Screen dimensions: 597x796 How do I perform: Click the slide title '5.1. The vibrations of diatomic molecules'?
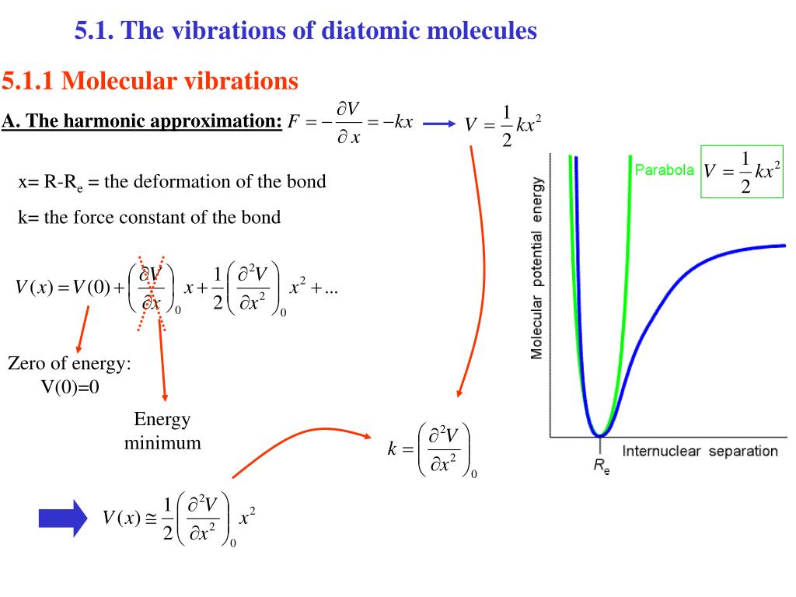coord(305,31)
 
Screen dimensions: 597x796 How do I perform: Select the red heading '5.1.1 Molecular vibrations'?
coord(150,80)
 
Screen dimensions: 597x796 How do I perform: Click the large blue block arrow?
coord(64,518)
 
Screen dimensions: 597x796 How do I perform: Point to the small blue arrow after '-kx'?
coord(439,124)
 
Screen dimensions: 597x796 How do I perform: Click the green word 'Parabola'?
coord(665,169)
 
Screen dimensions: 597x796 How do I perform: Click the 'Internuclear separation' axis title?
coord(699,451)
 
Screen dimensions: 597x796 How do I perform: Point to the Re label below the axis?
coord(601,468)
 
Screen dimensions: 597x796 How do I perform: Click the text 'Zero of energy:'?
coord(69,364)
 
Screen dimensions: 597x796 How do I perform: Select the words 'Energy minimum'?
coord(162,431)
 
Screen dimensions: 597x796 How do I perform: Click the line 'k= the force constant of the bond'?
coord(149,217)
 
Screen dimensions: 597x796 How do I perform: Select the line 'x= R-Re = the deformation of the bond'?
coord(172,182)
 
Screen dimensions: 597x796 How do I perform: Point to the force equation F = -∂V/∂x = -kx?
coord(350,124)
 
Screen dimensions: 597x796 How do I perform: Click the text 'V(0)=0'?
coord(71,387)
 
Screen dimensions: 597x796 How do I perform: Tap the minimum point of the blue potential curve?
coord(599,433)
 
